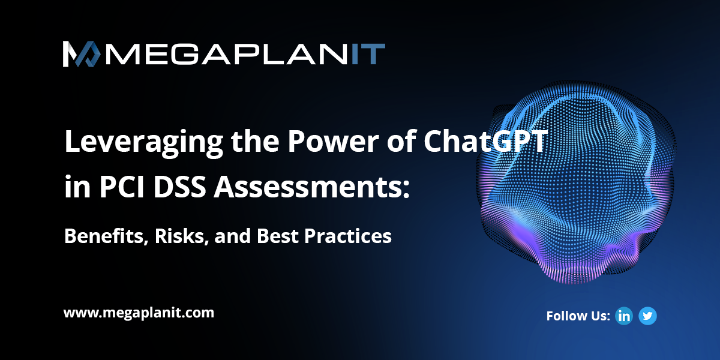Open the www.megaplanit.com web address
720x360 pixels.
tap(139, 313)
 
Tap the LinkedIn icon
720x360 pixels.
tap(624, 316)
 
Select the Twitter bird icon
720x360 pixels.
tap(647, 316)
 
